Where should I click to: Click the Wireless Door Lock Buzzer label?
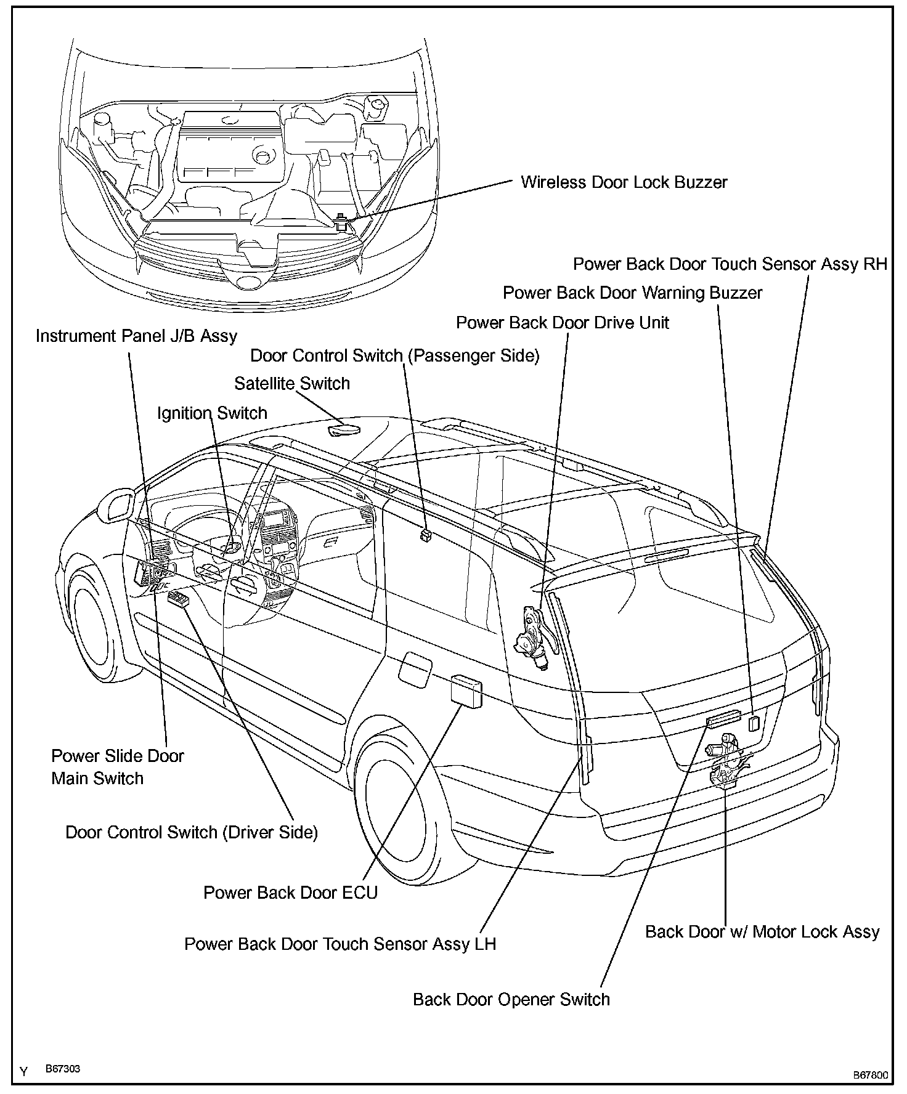(624, 182)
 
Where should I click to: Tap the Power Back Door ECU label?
(290, 893)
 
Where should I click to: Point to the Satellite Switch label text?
(292, 384)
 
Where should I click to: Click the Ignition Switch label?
(212, 413)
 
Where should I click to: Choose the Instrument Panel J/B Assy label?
(136, 336)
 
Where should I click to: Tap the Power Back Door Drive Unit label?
(562, 323)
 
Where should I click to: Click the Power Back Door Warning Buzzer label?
(632, 293)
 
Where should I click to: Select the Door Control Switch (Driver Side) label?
(192, 832)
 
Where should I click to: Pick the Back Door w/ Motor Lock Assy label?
(762, 931)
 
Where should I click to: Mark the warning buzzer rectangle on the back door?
(753, 723)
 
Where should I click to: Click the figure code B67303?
(63, 1069)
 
